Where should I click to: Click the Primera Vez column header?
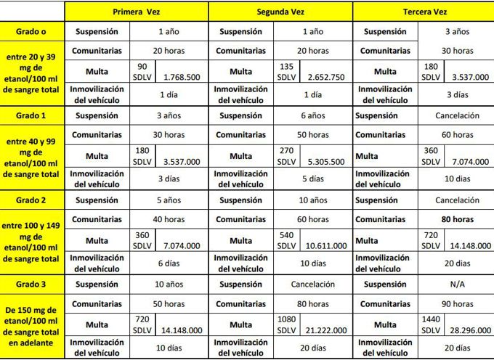(x=136, y=12)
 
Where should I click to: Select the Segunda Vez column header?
(x=280, y=12)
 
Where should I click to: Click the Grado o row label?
(x=32, y=32)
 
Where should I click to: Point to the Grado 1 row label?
(x=32, y=115)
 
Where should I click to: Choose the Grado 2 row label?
(x=32, y=200)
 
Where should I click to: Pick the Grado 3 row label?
(x=32, y=285)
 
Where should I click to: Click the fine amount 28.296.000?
(x=469, y=330)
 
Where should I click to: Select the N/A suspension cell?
(x=457, y=285)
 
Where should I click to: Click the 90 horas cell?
(x=457, y=304)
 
